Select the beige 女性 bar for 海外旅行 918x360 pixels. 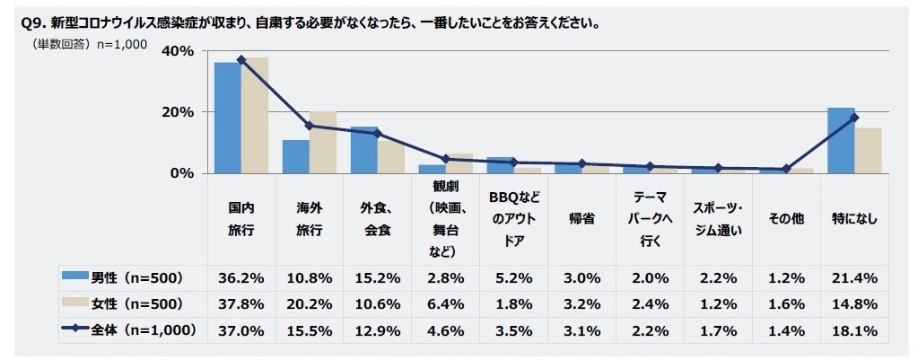pos(322,142)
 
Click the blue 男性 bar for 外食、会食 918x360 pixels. pos(363,149)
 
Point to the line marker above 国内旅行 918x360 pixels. pos(241,60)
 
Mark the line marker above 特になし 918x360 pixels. pos(855,118)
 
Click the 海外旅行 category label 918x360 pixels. pos(310,218)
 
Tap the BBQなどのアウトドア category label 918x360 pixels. pos(514,218)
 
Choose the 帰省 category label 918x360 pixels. pos(582,218)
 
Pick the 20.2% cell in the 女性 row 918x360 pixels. pos(310,303)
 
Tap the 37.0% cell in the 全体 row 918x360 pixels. pos(241,329)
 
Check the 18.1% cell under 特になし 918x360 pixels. pos(855,329)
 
